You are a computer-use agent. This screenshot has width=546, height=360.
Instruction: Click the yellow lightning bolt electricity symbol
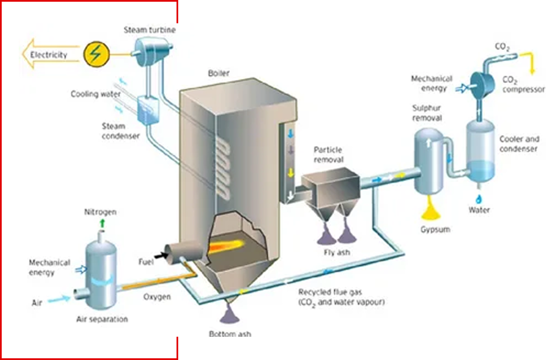click(95, 54)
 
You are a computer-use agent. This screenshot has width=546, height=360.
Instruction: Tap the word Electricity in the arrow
click(48, 55)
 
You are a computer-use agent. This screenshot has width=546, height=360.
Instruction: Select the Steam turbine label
click(150, 30)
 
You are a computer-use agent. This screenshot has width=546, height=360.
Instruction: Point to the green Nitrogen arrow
click(102, 223)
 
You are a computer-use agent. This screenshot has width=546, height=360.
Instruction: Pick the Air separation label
click(102, 319)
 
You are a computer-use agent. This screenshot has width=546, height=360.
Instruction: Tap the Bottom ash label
click(230, 333)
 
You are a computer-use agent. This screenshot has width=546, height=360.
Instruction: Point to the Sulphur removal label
click(427, 113)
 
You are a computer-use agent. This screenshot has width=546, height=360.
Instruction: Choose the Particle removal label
click(329, 154)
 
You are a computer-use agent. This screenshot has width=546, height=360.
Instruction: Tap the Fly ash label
click(336, 252)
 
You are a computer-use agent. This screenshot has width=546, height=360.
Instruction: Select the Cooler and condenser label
click(518, 144)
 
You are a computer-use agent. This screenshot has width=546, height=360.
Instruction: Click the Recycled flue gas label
click(341, 297)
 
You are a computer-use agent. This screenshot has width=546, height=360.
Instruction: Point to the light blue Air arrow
click(58, 299)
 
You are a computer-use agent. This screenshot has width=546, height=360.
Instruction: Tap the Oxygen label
click(157, 296)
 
